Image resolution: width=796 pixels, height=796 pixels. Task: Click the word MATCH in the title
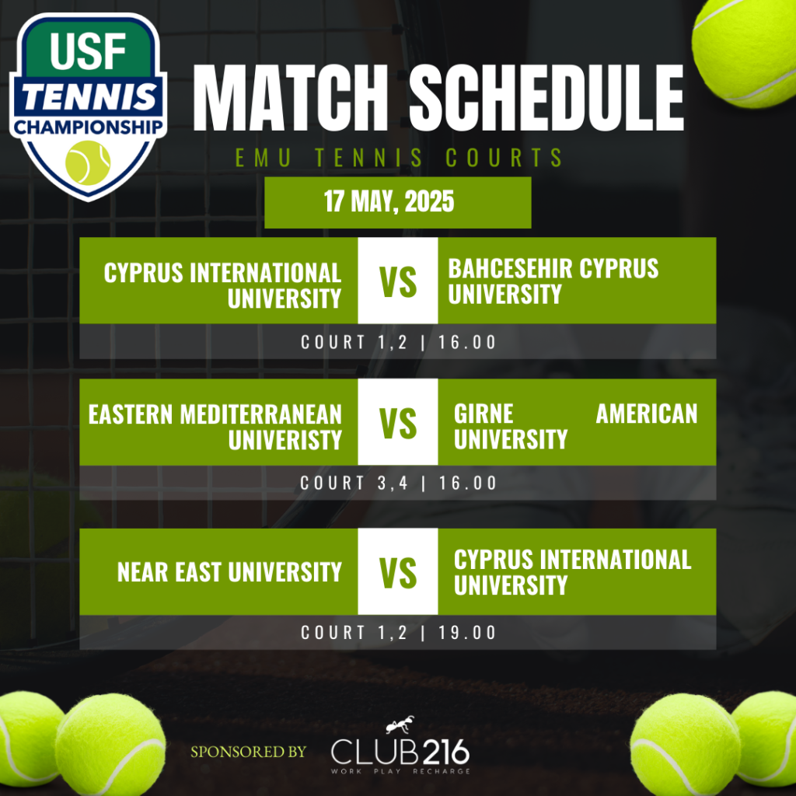coord(290,97)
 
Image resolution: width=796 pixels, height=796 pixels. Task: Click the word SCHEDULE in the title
coord(546,97)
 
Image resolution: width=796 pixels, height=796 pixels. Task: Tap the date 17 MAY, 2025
coord(389,201)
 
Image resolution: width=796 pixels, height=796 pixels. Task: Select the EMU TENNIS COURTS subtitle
coord(399,157)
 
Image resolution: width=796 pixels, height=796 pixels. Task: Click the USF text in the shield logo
coord(88,51)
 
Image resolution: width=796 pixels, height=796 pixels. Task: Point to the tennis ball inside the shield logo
coord(88,162)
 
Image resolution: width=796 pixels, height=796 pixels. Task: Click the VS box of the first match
coord(398,281)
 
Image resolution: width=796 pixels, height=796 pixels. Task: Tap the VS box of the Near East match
coord(398,571)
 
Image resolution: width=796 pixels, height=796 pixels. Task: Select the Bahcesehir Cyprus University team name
coord(553,281)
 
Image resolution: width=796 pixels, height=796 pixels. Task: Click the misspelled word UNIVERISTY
coord(285,440)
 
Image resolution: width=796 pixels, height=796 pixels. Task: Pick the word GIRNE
coord(484,414)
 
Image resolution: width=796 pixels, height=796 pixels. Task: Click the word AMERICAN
coord(647,414)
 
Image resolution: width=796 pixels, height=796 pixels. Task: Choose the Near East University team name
coord(229,572)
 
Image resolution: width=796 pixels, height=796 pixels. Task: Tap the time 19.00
coord(467,633)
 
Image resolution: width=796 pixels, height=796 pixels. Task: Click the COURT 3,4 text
coord(354,483)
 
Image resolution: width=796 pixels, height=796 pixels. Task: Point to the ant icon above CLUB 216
coord(400,725)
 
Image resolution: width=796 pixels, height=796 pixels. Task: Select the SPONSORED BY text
coord(249,752)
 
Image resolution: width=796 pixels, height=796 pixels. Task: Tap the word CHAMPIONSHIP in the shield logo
coord(89,127)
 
